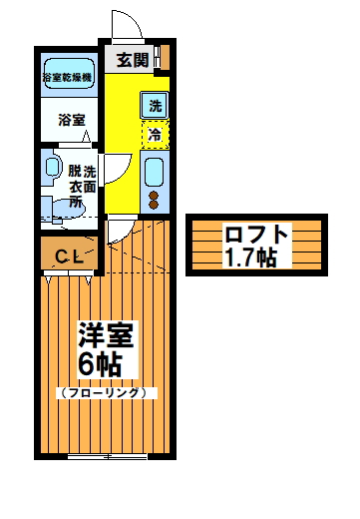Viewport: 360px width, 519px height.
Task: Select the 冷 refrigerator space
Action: click(x=156, y=132)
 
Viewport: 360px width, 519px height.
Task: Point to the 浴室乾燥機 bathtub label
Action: click(x=67, y=77)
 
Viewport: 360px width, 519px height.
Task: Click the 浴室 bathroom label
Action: click(x=70, y=120)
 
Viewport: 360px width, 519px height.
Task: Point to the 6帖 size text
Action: click(x=100, y=364)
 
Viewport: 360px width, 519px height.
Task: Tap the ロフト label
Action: click(x=257, y=237)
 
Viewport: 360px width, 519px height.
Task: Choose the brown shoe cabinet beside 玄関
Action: click(x=164, y=57)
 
